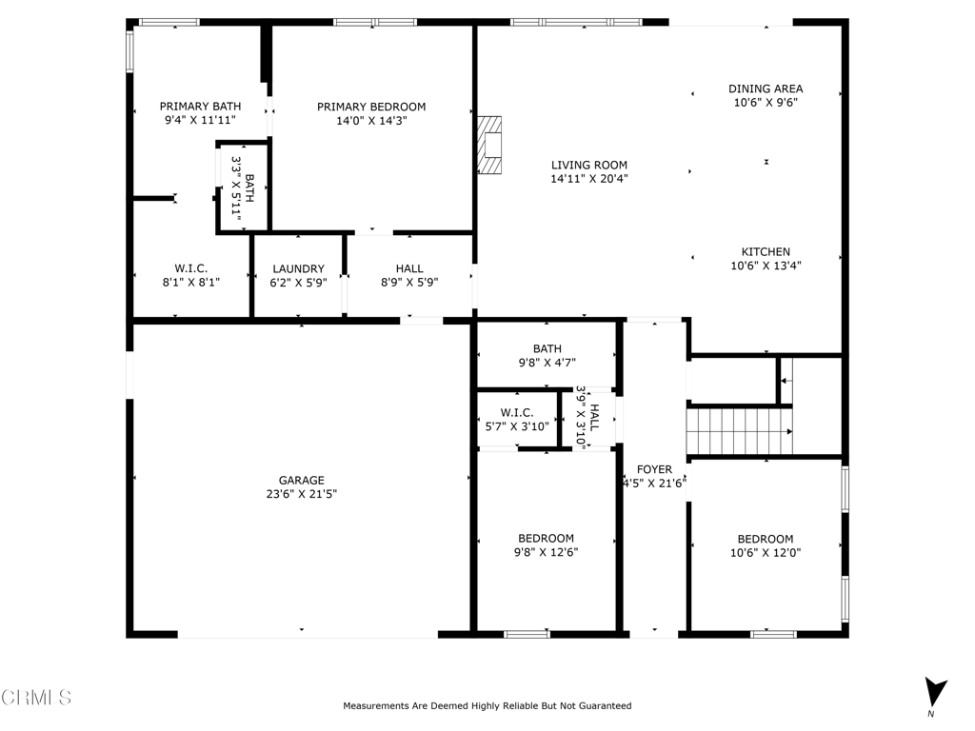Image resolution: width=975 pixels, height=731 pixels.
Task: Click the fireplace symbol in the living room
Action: pos(489,145)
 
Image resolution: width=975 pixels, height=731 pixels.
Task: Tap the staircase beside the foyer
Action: pos(739,431)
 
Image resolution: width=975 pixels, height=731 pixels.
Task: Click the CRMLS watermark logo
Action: pos(36,698)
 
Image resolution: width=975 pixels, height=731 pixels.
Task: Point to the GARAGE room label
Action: pos(302,481)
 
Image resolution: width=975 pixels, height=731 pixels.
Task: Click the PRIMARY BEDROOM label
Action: pos(371,107)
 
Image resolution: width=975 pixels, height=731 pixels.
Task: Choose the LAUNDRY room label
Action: pos(298,269)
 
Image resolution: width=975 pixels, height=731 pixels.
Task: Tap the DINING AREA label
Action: pos(766,89)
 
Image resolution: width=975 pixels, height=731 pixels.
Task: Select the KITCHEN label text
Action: pos(766,252)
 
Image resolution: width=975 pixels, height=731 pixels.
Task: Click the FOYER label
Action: pos(654,469)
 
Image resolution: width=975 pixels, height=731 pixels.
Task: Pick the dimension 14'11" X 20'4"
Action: pos(589,178)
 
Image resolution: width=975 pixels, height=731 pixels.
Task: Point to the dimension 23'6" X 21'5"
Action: pos(302,494)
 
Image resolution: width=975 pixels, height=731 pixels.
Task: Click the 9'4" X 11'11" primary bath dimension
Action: pos(200,120)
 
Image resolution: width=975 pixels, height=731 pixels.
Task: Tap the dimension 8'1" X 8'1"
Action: pos(190,282)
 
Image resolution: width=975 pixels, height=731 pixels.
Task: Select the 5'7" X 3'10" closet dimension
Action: pos(516,426)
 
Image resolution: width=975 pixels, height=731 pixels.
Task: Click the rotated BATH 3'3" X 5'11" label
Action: pos(243,188)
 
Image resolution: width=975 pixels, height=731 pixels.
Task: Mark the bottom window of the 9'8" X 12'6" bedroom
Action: pos(527,633)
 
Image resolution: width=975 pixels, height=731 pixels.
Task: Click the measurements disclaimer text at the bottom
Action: pos(487,705)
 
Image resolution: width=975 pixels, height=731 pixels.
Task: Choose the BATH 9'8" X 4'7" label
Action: pos(547,355)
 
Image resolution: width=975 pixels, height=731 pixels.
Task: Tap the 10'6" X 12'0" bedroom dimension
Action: pos(766,552)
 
